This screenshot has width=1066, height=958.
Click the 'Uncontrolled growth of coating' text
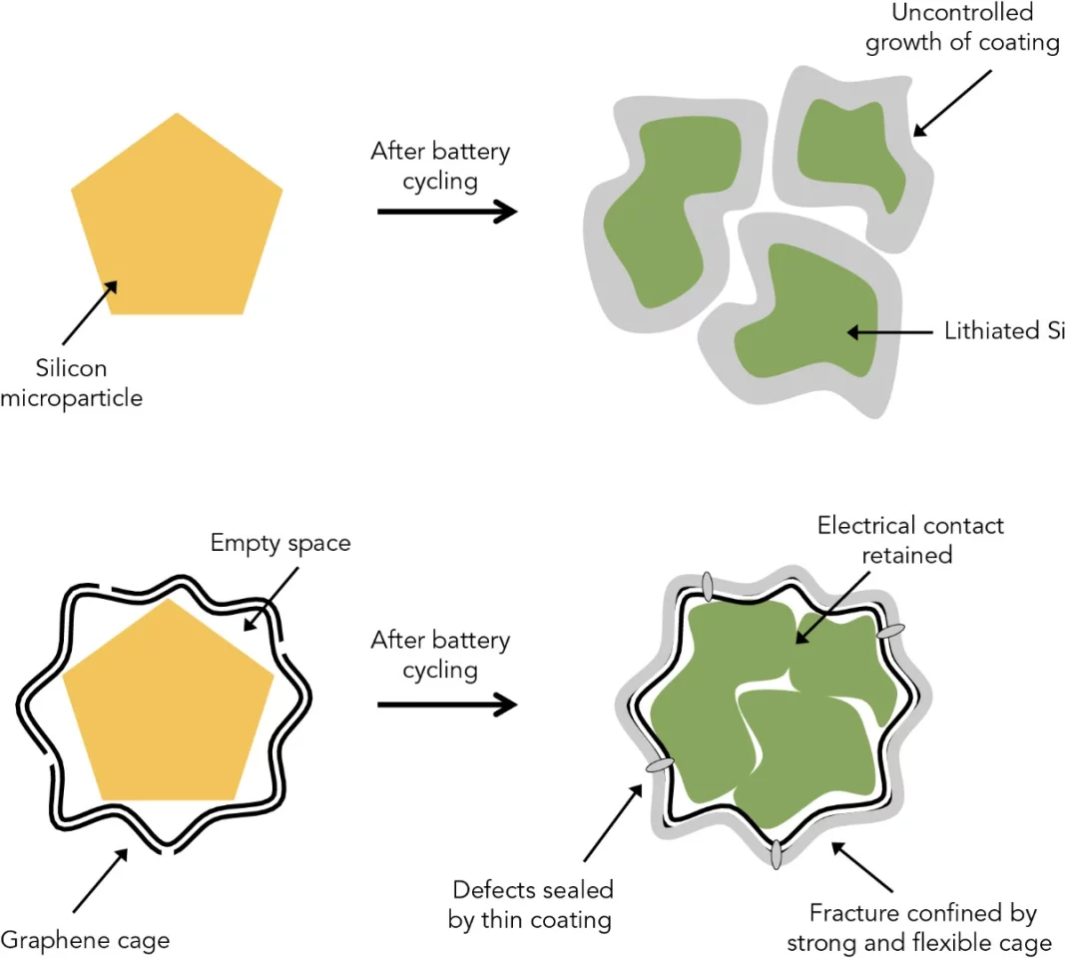[x=961, y=29]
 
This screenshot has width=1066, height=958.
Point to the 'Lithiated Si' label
[x=1004, y=331]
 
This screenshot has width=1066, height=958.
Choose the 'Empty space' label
[x=280, y=544]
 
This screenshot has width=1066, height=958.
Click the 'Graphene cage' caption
[x=85, y=939]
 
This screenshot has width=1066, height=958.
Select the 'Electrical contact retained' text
[x=910, y=539]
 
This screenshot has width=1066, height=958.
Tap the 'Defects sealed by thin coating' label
[x=531, y=904]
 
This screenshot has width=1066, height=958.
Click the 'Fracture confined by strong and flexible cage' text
[x=918, y=927]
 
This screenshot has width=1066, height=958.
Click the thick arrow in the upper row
[x=446, y=212]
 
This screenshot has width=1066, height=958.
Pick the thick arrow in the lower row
[x=446, y=705]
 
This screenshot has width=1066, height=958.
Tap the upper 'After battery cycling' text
[x=440, y=166]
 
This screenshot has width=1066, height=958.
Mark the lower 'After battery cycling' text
[x=440, y=655]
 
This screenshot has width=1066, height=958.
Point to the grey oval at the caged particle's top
[x=708, y=586]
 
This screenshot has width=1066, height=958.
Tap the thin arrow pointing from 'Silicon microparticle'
[x=90, y=313]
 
